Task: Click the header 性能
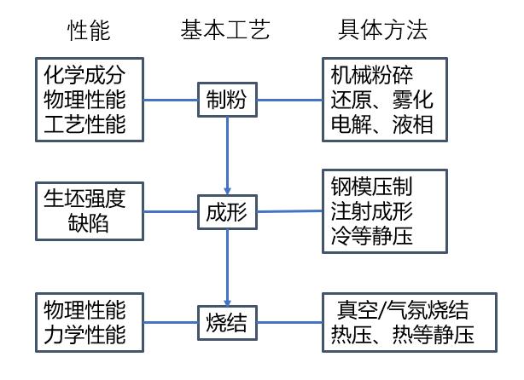[90, 32]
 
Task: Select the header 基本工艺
[225, 32]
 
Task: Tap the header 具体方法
[382, 32]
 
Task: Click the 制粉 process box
[227, 101]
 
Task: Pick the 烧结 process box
[227, 321]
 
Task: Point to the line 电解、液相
[381, 125]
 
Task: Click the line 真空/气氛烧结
[399, 309]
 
